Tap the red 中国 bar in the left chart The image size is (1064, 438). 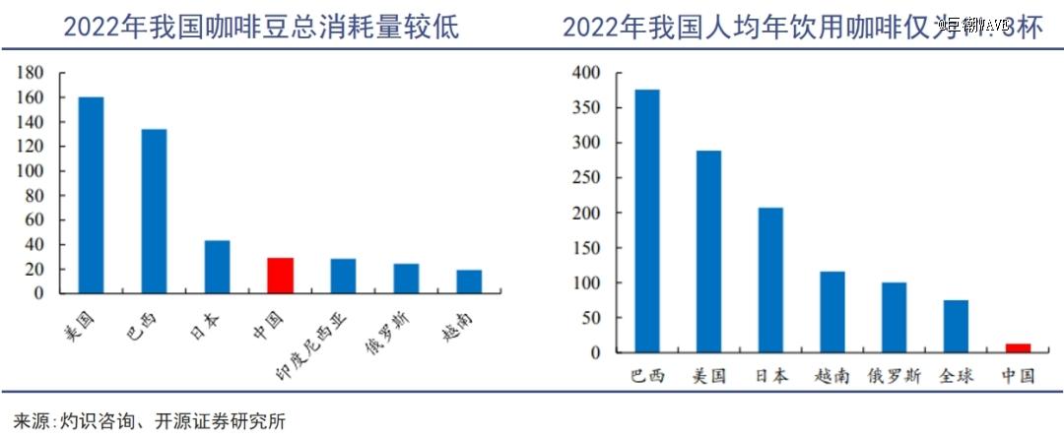(x=280, y=275)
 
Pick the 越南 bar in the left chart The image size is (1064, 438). (x=469, y=281)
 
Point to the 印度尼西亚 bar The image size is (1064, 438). (x=343, y=276)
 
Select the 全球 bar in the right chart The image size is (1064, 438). (x=955, y=326)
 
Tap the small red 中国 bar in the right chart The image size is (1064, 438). (x=1018, y=347)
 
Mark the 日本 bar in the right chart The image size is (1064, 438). (x=770, y=280)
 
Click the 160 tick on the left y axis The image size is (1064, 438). (x=31, y=97)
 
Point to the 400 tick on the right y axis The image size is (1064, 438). (x=586, y=73)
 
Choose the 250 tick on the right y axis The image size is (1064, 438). (x=586, y=178)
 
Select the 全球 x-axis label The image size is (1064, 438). (x=955, y=376)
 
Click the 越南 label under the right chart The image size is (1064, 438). (x=832, y=376)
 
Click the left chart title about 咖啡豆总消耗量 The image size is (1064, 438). (x=261, y=27)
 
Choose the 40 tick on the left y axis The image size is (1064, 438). (x=35, y=244)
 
